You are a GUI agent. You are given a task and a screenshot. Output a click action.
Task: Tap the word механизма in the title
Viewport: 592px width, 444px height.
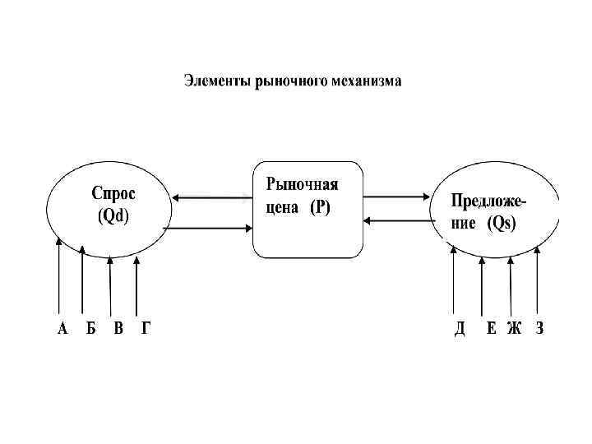click(367, 81)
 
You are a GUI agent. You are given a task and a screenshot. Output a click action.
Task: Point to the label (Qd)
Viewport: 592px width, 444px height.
click(113, 217)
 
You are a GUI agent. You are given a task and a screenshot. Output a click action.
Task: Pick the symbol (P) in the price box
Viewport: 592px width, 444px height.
click(320, 208)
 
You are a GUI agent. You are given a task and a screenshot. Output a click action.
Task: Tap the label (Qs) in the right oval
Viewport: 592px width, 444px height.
click(501, 224)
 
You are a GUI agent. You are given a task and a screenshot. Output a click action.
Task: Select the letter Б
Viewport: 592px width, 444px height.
click(91, 329)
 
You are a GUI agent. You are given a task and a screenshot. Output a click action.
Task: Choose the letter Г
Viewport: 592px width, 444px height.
click(146, 329)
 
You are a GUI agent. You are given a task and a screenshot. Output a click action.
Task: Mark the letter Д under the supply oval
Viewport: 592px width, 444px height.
click(460, 329)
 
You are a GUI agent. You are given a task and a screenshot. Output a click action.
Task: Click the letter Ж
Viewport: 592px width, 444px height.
click(514, 329)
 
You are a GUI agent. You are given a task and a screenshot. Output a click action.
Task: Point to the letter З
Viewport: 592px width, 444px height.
click(539, 329)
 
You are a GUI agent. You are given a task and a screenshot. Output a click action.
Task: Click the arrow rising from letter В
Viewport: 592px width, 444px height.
click(110, 288)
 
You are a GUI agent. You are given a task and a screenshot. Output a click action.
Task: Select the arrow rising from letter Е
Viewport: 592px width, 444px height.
click(482, 288)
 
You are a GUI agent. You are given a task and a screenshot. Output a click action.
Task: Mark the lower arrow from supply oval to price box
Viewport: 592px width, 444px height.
click(396, 220)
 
